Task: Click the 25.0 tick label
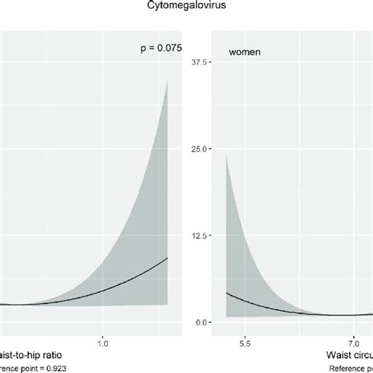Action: pyautogui.click(x=199, y=149)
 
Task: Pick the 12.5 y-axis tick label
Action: pyautogui.click(x=199, y=235)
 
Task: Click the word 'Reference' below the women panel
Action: pyautogui.click(x=346, y=370)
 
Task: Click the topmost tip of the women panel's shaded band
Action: pyautogui.click(x=227, y=155)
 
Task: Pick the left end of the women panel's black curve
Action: pyautogui.click(x=227, y=293)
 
